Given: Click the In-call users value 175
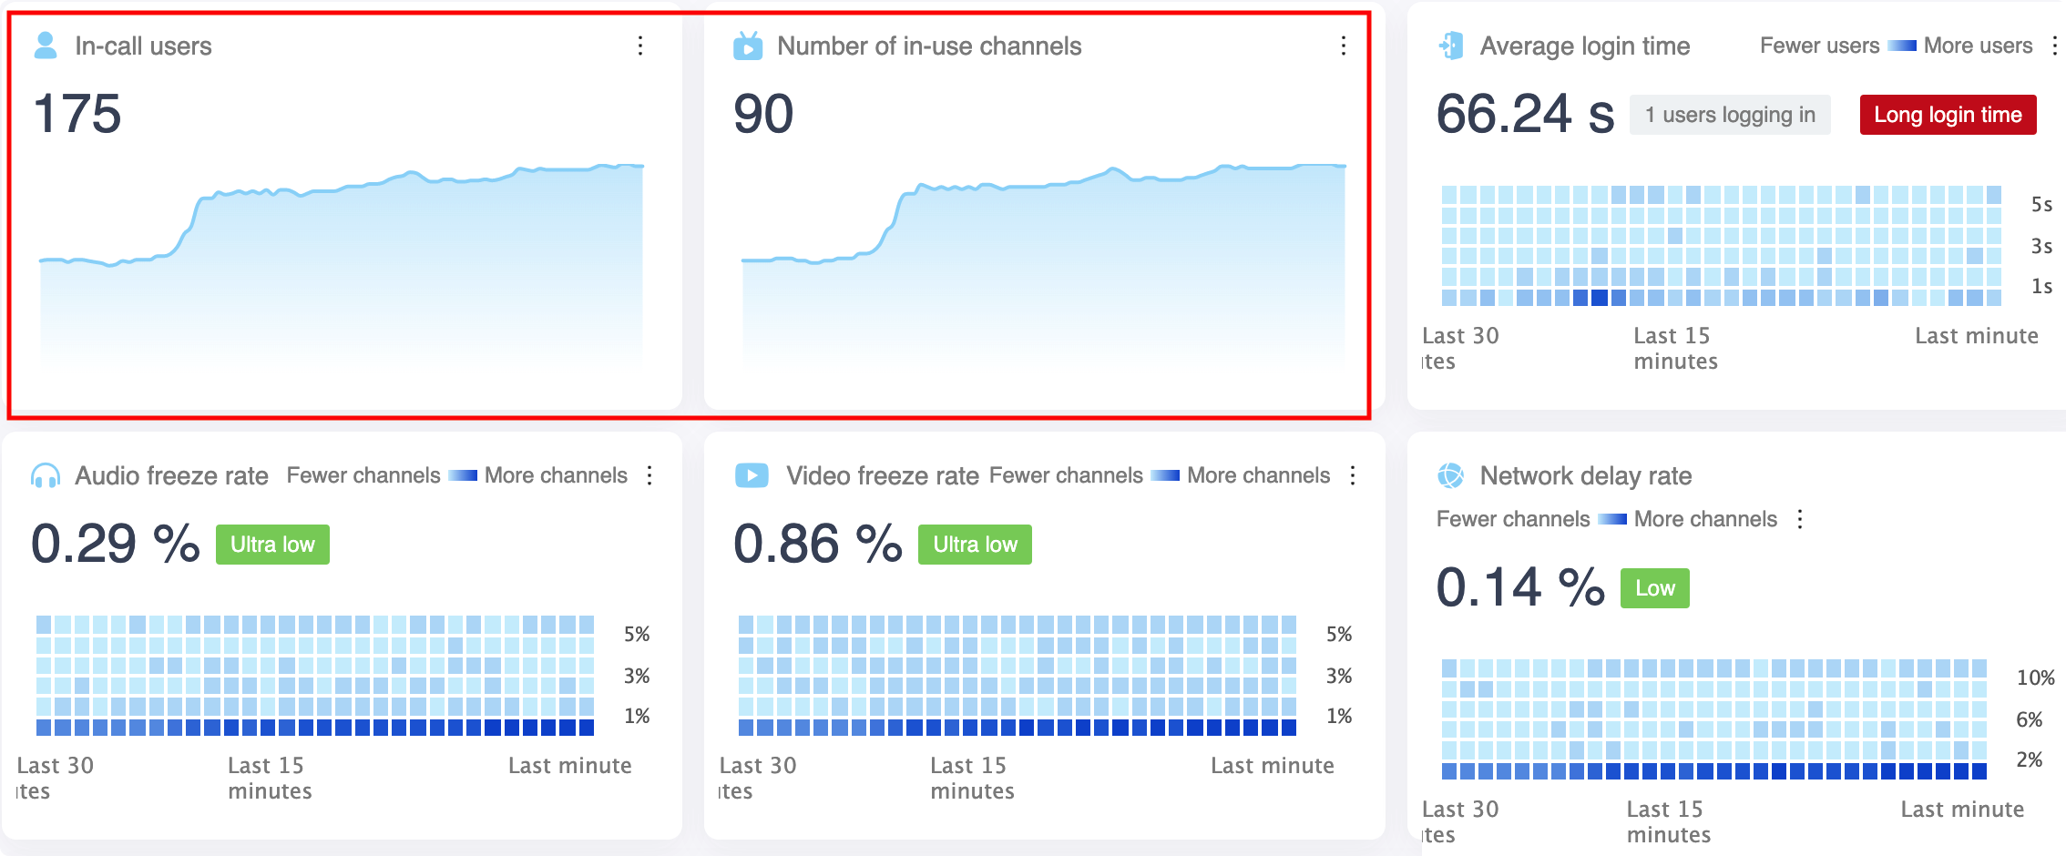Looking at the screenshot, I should coord(77,115).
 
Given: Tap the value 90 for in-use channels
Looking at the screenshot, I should coord(763,115).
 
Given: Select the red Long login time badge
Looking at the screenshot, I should coord(1948,115).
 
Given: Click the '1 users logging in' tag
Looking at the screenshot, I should coord(1729,115).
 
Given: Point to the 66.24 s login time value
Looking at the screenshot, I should coord(1524,115).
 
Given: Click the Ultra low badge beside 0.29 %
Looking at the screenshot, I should coord(272,545).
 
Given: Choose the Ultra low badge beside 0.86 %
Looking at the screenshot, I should coord(975,545).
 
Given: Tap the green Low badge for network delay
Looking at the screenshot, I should coord(1654,588).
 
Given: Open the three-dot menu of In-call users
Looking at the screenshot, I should coord(640,46).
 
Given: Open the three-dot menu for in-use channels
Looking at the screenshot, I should coord(1343,46).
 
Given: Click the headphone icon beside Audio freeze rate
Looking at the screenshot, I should coord(46,475).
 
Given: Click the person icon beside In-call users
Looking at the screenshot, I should coord(46,46).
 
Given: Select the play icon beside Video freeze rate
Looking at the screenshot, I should coord(752,475).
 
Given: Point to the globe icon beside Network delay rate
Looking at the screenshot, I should coord(1450,475).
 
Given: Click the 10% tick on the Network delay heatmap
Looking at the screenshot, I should coord(2035,678).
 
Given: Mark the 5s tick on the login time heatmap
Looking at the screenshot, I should coord(2041,205).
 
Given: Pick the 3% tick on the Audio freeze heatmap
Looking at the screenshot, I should coord(637,676).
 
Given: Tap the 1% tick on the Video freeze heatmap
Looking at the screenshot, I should coord(1339,716).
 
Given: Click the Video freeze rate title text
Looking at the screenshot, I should coord(882,475).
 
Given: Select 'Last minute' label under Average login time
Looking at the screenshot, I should coord(1976,336).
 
